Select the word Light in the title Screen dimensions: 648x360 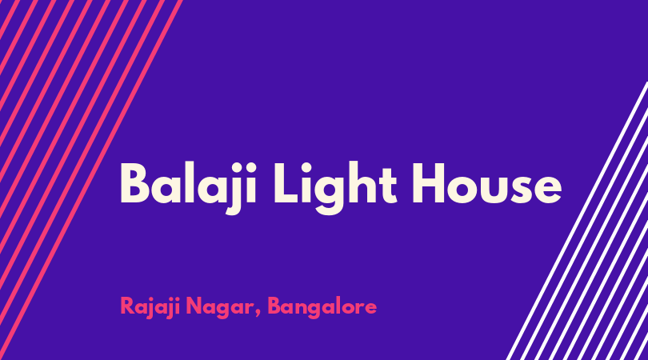point(335,188)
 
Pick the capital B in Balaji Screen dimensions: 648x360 point(134,183)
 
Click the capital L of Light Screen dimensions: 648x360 point(286,183)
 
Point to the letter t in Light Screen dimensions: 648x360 point(389,186)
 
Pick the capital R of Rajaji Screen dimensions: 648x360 point(127,306)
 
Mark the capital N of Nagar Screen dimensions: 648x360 point(194,306)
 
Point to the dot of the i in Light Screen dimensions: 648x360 point(306,166)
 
